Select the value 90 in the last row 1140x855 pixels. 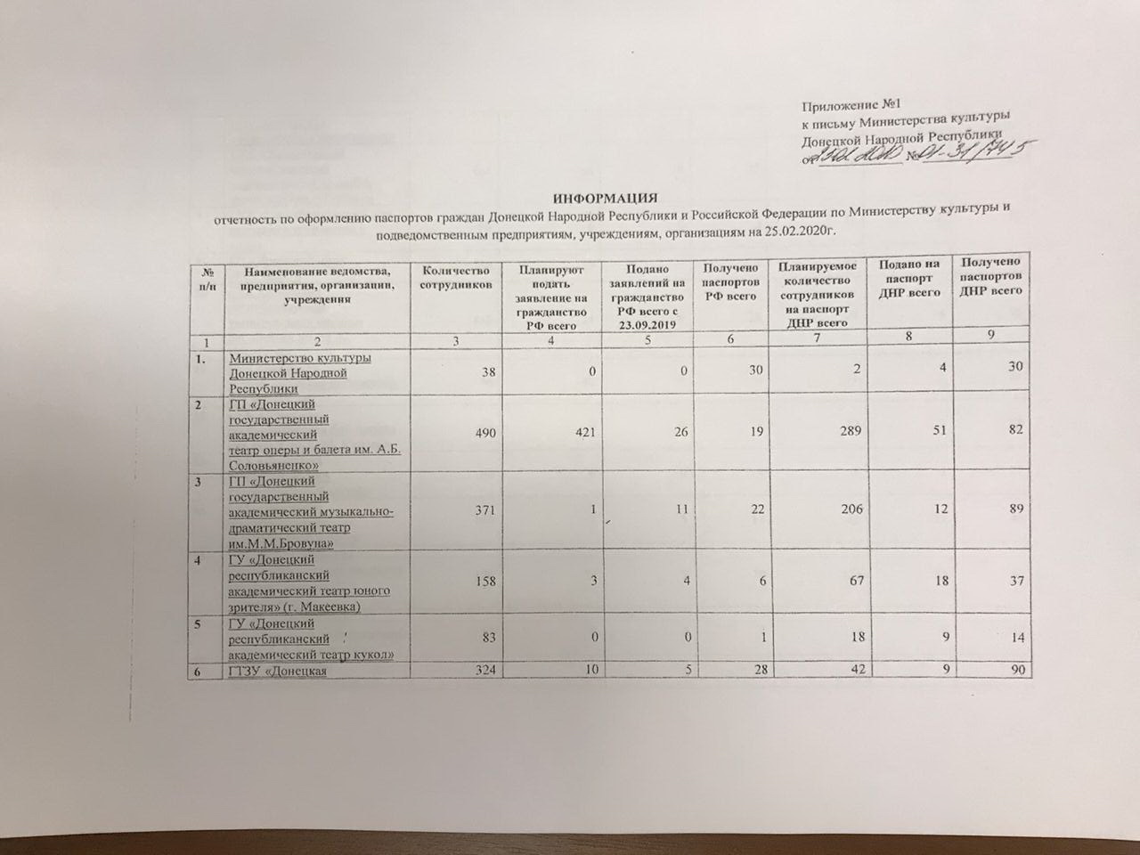click(1015, 672)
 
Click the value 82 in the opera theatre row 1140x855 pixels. click(1014, 430)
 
